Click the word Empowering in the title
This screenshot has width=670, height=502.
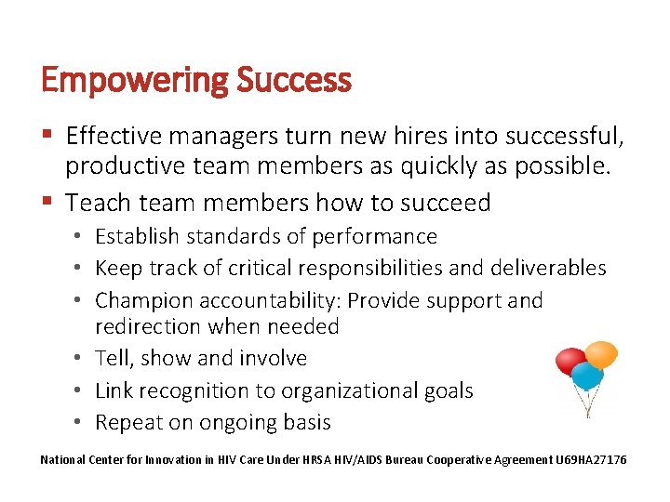tap(135, 81)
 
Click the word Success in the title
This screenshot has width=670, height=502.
tap(294, 81)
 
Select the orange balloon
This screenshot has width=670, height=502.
tap(601, 354)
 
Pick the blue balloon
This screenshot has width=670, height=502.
tap(586, 376)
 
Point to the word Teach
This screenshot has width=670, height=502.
tap(100, 202)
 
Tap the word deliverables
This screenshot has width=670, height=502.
tap(549, 269)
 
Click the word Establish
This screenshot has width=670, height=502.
tap(139, 237)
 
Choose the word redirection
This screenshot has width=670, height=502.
tap(147, 326)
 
